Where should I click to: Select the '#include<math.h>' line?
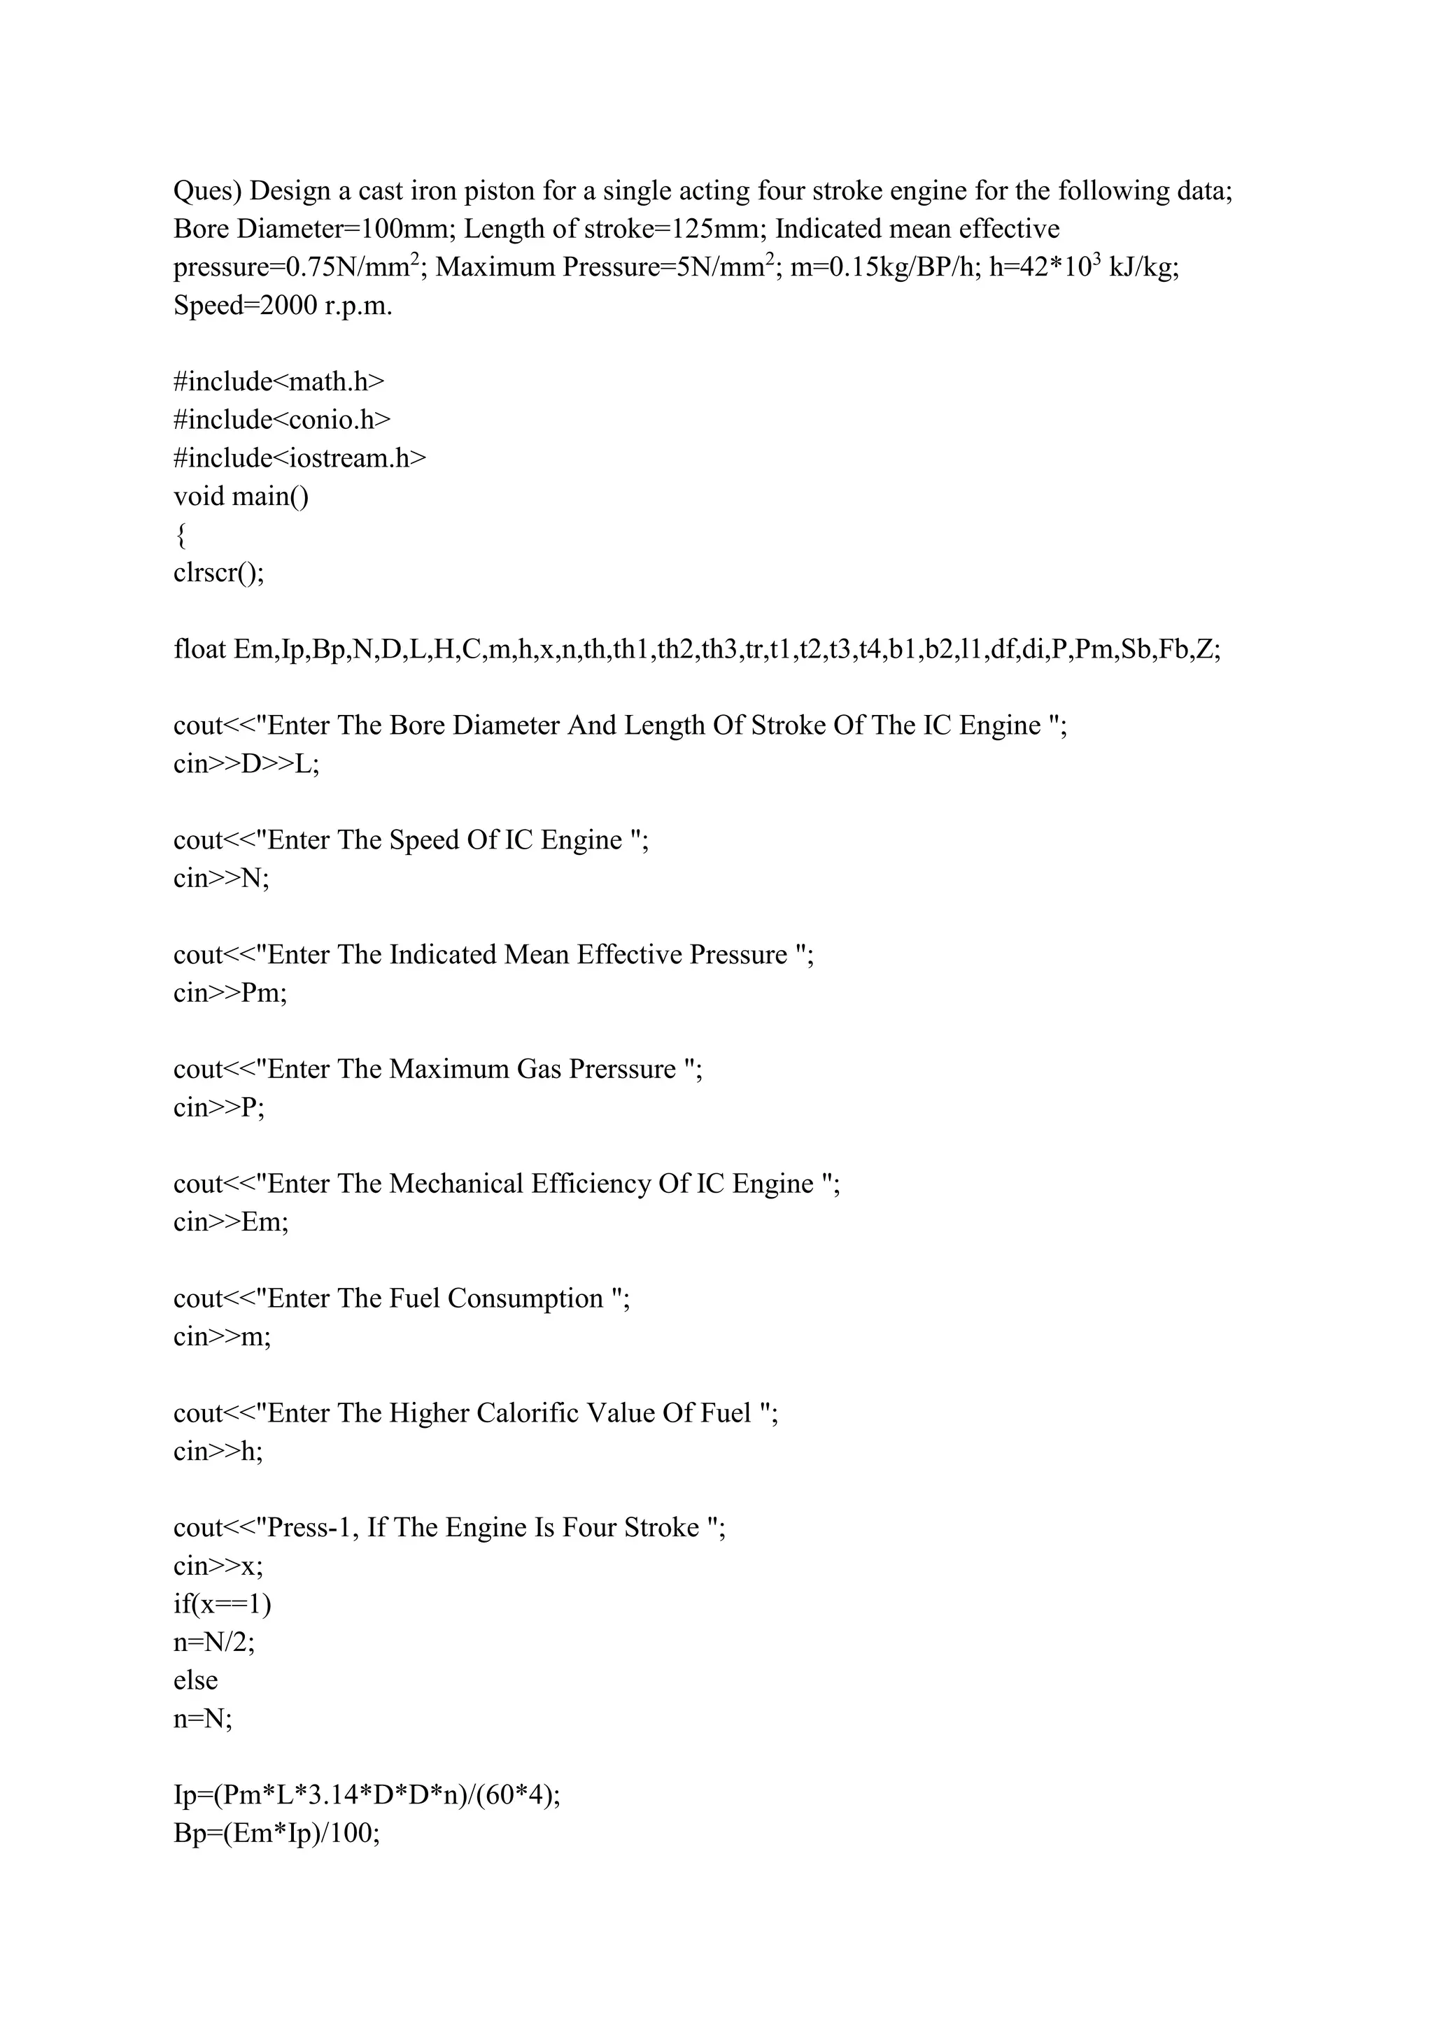click(x=279, y=382)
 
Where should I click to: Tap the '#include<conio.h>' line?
click(x=281, y=420)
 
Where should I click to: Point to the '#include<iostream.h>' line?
click(x=299, y=459)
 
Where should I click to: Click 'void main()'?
click(x=241, y=497)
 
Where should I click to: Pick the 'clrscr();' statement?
click(x=219, y=574)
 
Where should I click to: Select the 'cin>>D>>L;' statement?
click(x=246, y=764)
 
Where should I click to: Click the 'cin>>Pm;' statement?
click(x=230, y=993)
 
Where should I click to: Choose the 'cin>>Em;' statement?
click(x=231, y=1222)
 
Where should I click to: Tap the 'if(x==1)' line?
click(x=223, y=1604)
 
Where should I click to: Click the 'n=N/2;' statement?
click(x=214, y=1642)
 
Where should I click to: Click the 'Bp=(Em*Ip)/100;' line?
click(x=277, y=1834)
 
